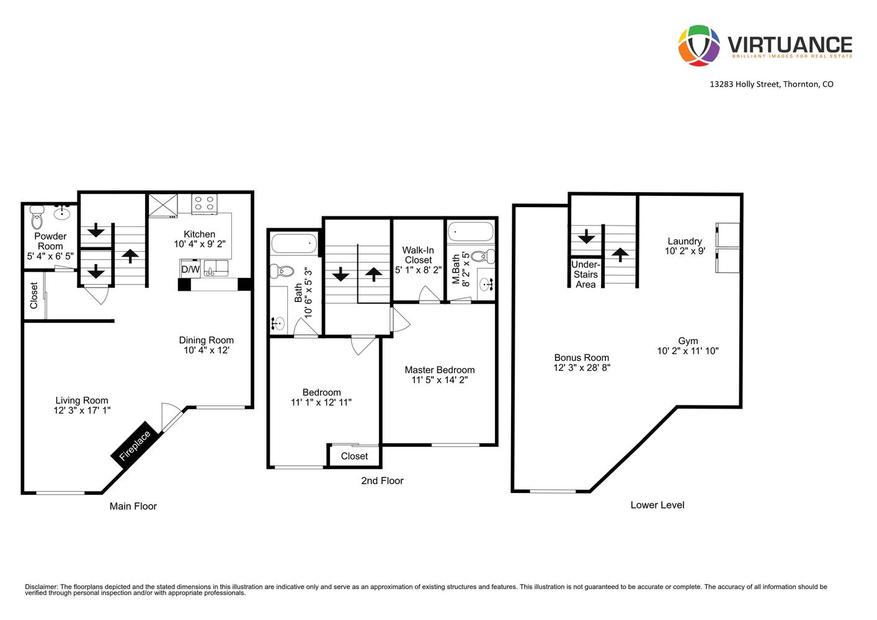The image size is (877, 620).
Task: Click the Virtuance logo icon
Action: point(698,45)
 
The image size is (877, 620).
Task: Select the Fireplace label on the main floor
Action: point(135,446)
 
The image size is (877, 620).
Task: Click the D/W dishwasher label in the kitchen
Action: point(190,270)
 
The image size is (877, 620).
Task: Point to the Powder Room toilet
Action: point(37,219)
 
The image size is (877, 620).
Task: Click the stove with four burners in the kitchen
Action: point(204,203)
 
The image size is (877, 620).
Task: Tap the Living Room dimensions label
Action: point(82,410)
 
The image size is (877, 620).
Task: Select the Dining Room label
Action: point(206,340)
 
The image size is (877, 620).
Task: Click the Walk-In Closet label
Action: point(418,255)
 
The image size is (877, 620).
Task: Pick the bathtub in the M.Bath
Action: point(470,232)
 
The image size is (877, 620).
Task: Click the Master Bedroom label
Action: point(439,370)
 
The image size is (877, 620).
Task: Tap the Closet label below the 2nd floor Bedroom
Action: point(354,456)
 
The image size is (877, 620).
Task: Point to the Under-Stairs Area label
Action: point(585,275)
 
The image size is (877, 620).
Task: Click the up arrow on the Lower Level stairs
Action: point(620,254)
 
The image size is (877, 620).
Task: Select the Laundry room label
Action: point(685,241)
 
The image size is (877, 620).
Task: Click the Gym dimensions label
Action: point(688,351)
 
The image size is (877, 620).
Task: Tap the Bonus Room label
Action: point(581,357)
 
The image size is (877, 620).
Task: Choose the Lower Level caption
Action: point(657,505)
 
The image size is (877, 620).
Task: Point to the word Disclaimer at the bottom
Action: point(41,587)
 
